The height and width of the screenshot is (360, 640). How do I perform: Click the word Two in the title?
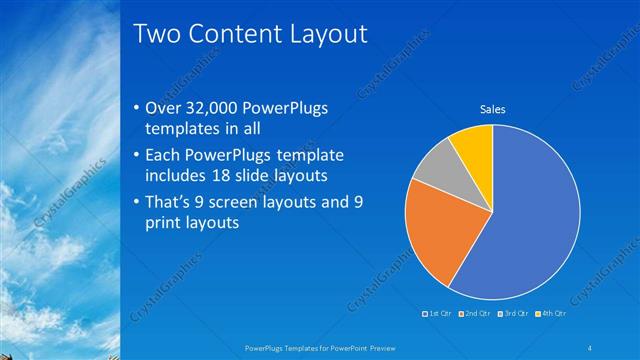click(x=157, y=34)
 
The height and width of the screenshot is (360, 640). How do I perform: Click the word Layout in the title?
click(x=330, y=34)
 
